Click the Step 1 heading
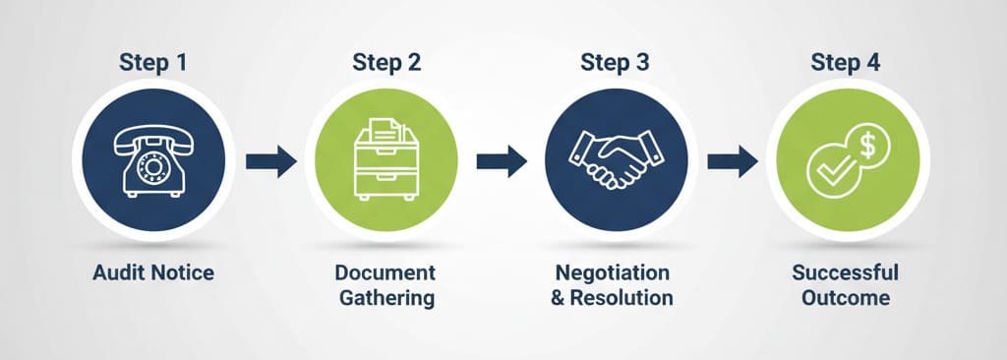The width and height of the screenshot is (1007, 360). coord(152,62)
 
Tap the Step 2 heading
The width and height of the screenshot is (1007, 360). coord(386,62)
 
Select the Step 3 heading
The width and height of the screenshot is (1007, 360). coord(615,62)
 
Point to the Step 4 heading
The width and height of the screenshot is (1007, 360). coord(846,62)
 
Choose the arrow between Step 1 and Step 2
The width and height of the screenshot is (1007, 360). coord(270,160)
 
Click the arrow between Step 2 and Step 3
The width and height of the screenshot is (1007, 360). coord(501,160)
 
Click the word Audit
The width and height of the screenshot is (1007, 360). coord(119,272)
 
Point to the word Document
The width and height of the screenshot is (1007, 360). coord(385,272)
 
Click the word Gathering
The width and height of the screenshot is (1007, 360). coord(385,297)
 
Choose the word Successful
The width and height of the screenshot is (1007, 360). coord(845,272)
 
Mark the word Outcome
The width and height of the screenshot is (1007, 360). coord(845,297)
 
